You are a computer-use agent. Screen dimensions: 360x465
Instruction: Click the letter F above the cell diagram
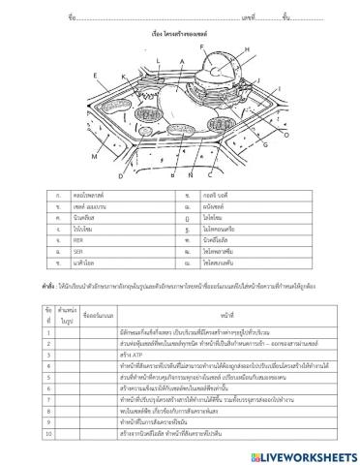tap(203, 46)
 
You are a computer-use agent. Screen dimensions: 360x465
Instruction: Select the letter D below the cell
tap(120, 177)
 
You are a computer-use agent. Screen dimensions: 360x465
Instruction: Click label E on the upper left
tap(95, 74)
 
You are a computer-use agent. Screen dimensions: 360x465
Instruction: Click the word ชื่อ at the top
tap(71, 17)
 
